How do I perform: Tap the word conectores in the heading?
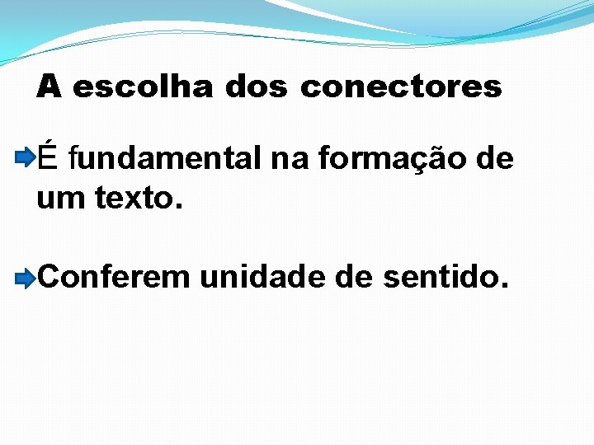coord(401,87)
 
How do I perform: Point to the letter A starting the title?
coord(49,87)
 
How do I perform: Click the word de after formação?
coord(495,158)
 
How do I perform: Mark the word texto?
coord(131,198)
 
